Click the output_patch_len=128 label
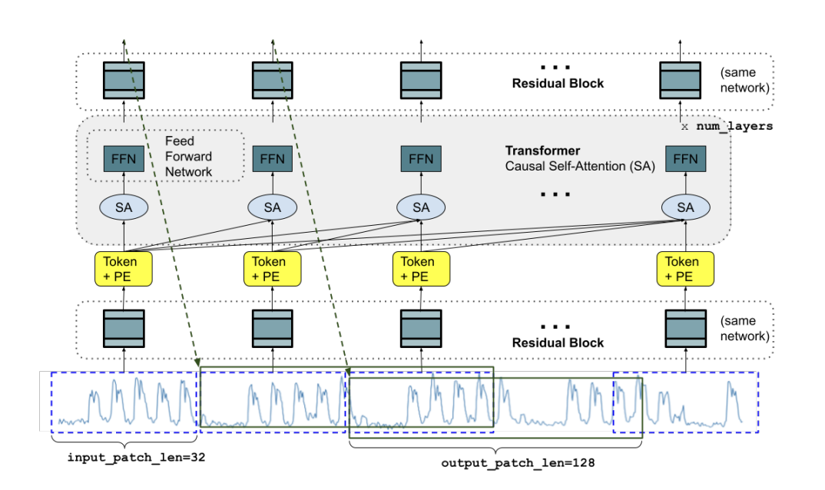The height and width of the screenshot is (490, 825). pyautogui.click(x=519, y=464)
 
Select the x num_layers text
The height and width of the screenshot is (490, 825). pyautogui.click(x=727, y=126)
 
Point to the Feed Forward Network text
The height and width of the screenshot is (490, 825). pyautogui.click(x=188, y=156)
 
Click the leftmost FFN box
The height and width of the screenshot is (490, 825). pyautogui.click(x=124, y=159)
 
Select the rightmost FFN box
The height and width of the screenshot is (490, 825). pyautogui.click(x=685, y=159)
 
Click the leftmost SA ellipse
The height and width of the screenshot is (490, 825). pyautogui.click(x=124, y=207)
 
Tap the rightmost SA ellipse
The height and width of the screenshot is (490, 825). pyautogui.click(x=685, y=207)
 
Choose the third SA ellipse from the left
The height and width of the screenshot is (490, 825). pyautogui.click(x=420, y=207)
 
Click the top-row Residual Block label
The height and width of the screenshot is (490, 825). pyautogui.click(x=558, y=83)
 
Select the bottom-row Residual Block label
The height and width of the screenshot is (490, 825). pyautogui.click(x=558, y=343)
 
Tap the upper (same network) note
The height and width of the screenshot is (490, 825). pyautogui.click(x=744, y=80)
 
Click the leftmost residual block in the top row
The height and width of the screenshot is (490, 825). pyautogui.click(x=124, y=80)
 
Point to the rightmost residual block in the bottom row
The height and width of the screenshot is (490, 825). pyautogui.click(x=685, y=329)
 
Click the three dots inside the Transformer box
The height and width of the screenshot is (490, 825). pyautogui.click(x=555, y=194)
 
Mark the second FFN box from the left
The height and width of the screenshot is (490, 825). pyautogui.click(x=273, y=159)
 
